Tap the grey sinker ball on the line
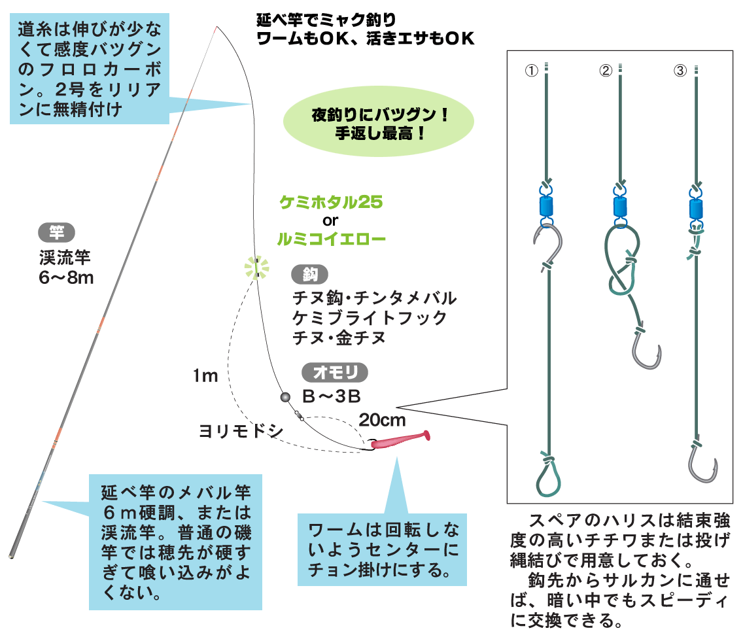point(285,397)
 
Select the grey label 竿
point(57,232)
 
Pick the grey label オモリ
point(334,372)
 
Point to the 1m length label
point(205,376)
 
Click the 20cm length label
point(382,419)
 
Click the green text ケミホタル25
point(331,202)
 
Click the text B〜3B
point(332,396)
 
